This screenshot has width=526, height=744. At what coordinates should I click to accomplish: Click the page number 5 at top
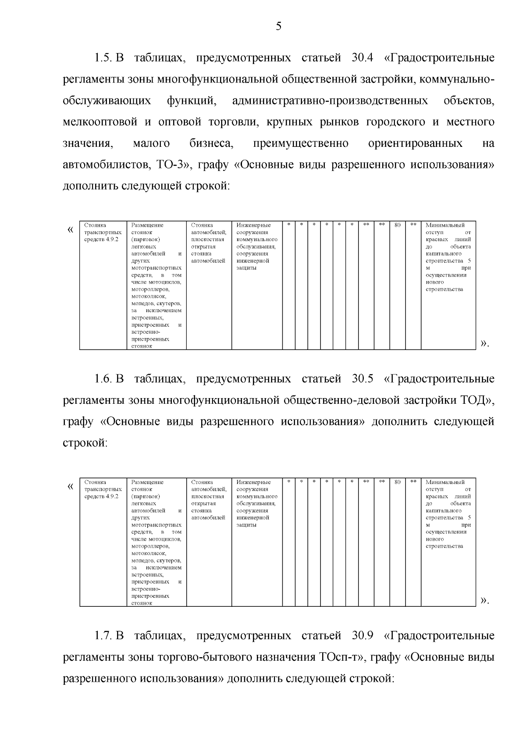point(279,27)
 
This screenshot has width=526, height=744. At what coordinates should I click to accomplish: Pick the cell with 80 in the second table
point(398,482)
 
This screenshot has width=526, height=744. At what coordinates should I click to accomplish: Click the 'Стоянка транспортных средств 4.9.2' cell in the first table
point(103,232)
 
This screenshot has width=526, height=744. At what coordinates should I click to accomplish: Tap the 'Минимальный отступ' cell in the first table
point(448,257)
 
